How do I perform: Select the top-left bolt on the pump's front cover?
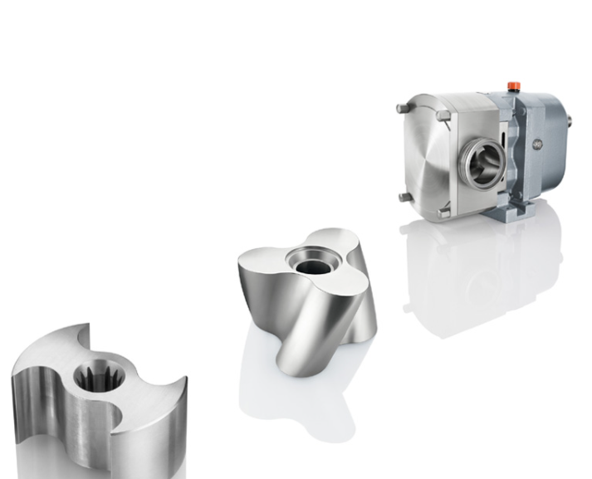pyautogui.click(x=402, y=108)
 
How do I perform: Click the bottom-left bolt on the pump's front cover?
pyautogui.click(x=402, y=197)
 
